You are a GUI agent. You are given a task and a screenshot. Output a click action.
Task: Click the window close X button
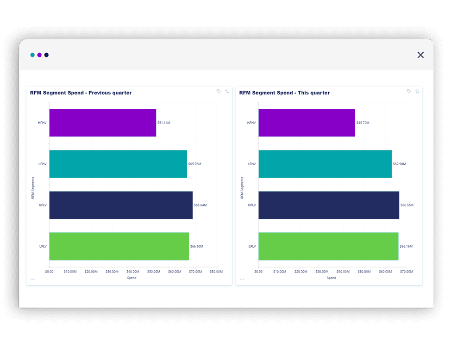point(420,55)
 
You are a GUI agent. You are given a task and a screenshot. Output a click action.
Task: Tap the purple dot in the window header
point(39,55)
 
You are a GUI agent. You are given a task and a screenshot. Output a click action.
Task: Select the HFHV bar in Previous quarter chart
point(102,123)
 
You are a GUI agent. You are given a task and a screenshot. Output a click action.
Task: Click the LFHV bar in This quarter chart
point(325,164)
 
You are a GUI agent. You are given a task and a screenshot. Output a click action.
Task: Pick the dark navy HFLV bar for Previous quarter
point(121,205)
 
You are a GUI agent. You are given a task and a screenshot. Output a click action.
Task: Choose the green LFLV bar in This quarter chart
point(328,246)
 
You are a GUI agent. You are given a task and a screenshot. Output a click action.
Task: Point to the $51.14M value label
point(164,123)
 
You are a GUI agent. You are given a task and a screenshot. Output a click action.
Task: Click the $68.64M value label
point(200,205)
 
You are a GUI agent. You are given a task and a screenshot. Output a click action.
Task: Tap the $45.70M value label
point(363,123)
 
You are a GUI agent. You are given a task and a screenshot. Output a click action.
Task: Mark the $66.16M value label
point(406,246)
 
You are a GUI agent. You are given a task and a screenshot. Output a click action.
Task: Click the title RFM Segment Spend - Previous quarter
point(81,93)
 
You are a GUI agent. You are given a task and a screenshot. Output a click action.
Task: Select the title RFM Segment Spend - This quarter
point(284,93)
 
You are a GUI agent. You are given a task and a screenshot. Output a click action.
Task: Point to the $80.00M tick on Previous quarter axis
point(216,272)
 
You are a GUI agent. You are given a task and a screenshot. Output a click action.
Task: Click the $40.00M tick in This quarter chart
point(343,272)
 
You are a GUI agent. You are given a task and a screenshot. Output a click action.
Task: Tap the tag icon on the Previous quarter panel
point(219,92)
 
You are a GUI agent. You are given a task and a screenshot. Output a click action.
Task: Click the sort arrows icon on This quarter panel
point(417,92)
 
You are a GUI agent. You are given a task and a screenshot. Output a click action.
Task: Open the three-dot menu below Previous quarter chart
point(32,279)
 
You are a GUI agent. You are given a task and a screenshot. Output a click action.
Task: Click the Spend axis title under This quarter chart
point(331,278)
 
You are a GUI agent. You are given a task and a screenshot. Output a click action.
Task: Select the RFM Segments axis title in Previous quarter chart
point(33,187)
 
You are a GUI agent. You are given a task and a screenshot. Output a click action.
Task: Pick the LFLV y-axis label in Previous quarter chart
point(43,247)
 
